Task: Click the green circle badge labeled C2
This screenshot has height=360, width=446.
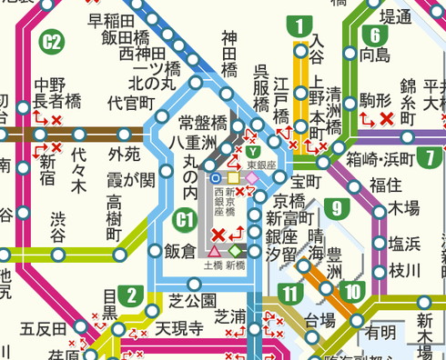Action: pyautogui.click(x=52, y=41)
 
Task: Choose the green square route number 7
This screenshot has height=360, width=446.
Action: pyautogui.click(x=428, y=156)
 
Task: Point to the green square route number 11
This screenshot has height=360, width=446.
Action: pyautogui.click(x=290, y=293)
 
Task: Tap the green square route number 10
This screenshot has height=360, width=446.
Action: pyautogui.click(x=351, y=293)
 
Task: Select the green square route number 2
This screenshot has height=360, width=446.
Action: pyautogui.click(x=133, y=294)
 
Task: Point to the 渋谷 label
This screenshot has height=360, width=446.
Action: pyautogui.click(x=58, y=225)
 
